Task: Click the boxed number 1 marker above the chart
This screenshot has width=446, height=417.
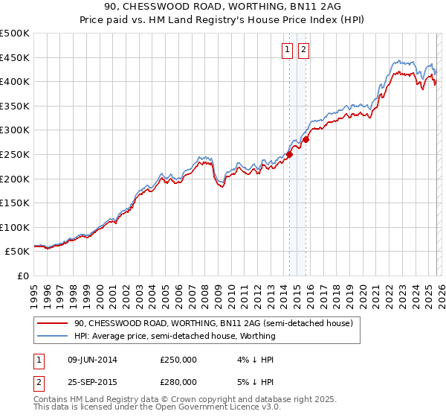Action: pos(288,50)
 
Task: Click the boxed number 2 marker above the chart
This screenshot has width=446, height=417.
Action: pos(305,50)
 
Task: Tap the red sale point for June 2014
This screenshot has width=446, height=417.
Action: pos(289,155)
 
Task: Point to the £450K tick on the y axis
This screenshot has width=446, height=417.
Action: pos(15,57)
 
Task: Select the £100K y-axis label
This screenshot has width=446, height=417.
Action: pos(15,227)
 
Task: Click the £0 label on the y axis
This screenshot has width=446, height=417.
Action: pos(22,276)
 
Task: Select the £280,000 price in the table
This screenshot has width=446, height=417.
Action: pos(178,382)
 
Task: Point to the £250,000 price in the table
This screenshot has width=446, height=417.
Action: pos(178,360)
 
